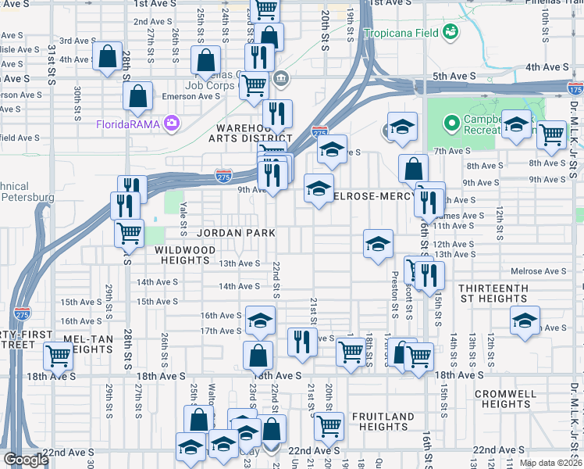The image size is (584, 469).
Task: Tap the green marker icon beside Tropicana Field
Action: tap(450, 32)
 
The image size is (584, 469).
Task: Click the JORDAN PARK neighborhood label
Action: tap(236, 233)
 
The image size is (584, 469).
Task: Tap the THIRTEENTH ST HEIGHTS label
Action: tap(493, 293)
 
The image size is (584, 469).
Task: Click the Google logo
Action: tap(26, 459)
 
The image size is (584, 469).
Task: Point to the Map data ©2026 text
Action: tap(550, 463)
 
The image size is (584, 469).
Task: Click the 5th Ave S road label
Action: tap(454, 76)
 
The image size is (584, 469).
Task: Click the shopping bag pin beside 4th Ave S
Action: tap(107, 56)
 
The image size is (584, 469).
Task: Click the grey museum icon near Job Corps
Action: tap(280, 77)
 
